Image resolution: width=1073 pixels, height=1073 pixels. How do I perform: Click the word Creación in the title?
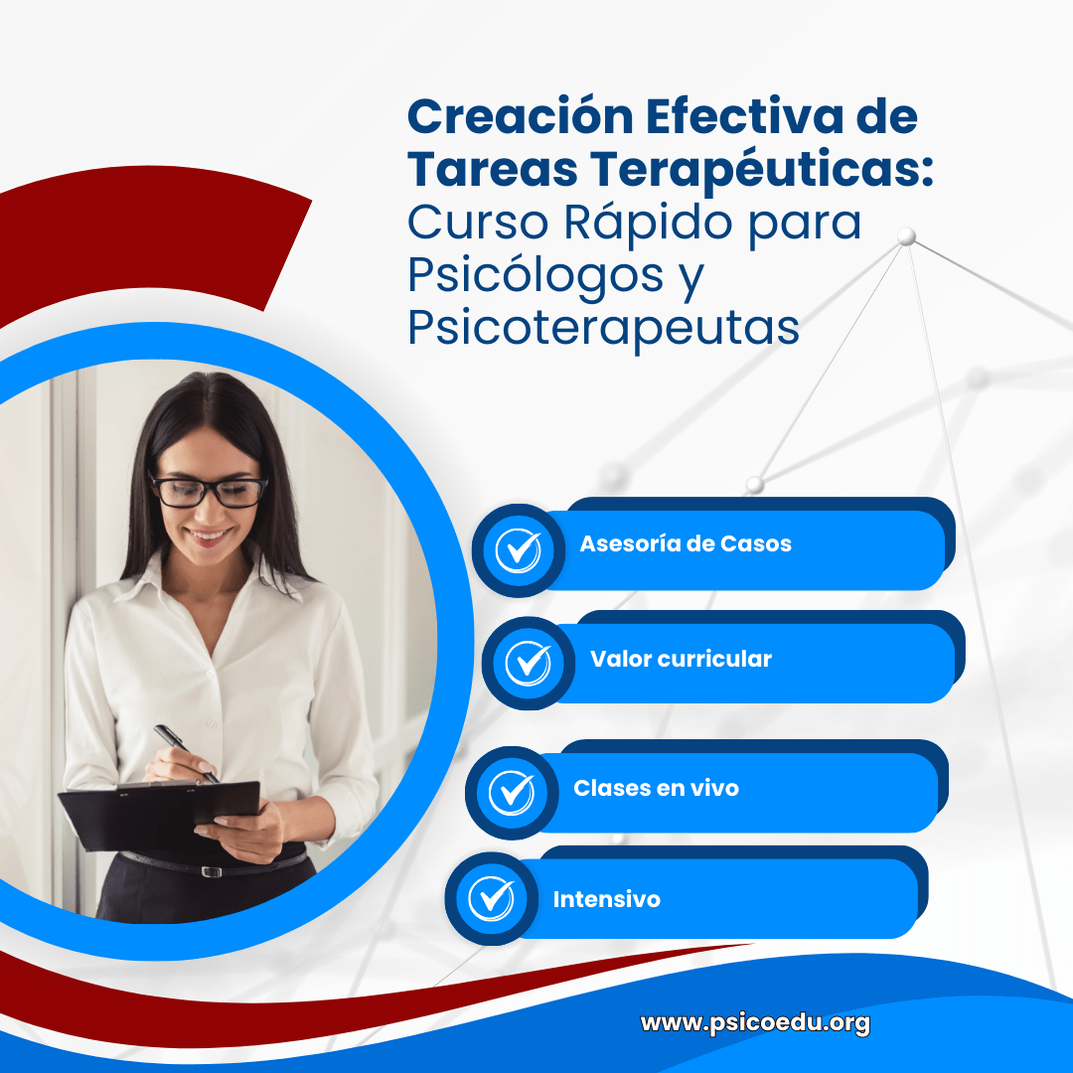[x=521, y=115]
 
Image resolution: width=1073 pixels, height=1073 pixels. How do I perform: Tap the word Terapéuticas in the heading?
[x=762, y=170]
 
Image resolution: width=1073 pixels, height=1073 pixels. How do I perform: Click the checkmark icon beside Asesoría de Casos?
[x=518, y=550]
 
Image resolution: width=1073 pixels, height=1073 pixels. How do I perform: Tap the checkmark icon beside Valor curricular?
[x=529, y=663]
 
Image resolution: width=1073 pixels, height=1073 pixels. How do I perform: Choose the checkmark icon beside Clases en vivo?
[x=512, y=793]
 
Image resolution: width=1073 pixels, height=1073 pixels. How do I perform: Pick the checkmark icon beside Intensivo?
[x=492, y=898]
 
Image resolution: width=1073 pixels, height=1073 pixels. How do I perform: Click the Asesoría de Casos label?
[x=686, y=543]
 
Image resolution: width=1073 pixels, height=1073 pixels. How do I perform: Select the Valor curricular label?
[x=681, y=659]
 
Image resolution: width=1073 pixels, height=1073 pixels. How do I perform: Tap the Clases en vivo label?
[x=657, y=788]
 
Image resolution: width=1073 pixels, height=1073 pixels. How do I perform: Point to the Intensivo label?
[x=606, y=898]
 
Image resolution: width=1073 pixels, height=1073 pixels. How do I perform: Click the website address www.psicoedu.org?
[x=755, y=1023]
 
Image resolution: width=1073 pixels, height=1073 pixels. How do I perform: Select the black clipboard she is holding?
[x=159, y=816]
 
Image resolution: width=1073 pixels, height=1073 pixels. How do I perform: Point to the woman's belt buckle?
[x=212, y=871]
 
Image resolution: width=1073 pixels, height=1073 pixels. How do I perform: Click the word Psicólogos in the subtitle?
[x=536, y=276]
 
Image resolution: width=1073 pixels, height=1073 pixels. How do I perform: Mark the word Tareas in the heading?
[x=493, y=169]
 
